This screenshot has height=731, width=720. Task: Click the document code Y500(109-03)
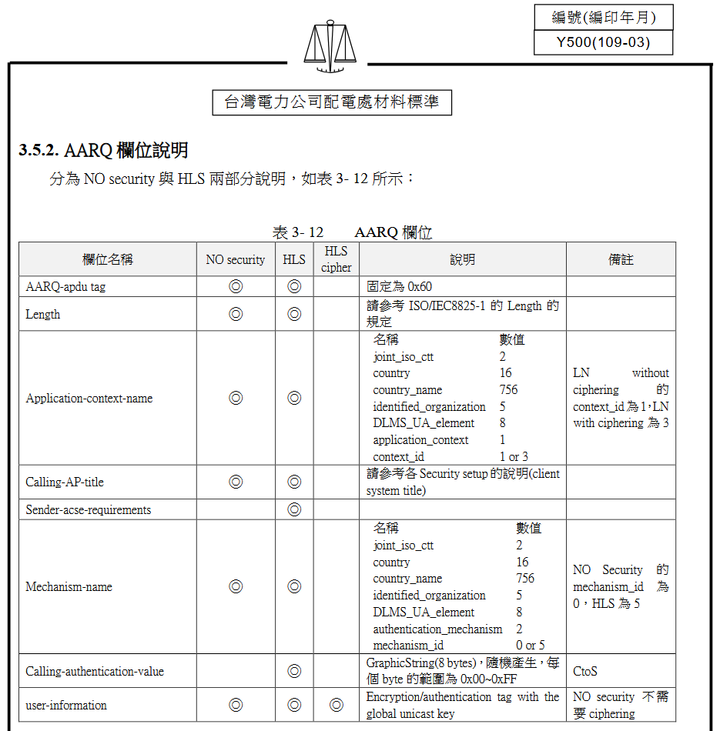[603, 42]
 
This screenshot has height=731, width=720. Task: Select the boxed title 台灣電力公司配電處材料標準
[331, 102]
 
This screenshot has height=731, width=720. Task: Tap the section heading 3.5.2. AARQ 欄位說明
[104, 150]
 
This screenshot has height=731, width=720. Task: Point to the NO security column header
[235, 260]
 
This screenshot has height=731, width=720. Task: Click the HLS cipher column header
[336, 259]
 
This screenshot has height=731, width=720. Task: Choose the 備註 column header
[621, 260]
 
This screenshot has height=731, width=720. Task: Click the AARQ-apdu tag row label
[65, 286]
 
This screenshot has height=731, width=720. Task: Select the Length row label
[43, 314]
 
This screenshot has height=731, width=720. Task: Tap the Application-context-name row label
[89, 399]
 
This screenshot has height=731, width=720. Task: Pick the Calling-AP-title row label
[65, 482]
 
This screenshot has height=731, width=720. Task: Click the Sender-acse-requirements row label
[89, 509]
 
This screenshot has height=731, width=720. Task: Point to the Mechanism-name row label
[69, 587]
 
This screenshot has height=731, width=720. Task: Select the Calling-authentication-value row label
[95, 671]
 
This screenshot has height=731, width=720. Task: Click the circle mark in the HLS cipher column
[336, 705]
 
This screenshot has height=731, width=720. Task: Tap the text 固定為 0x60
[399, 286]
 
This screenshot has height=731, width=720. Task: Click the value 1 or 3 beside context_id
[514, 457]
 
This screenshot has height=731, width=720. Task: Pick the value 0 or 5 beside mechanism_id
[530, 646]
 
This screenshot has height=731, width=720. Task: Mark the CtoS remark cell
[585, 671]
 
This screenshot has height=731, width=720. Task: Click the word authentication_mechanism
[437, 629]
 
